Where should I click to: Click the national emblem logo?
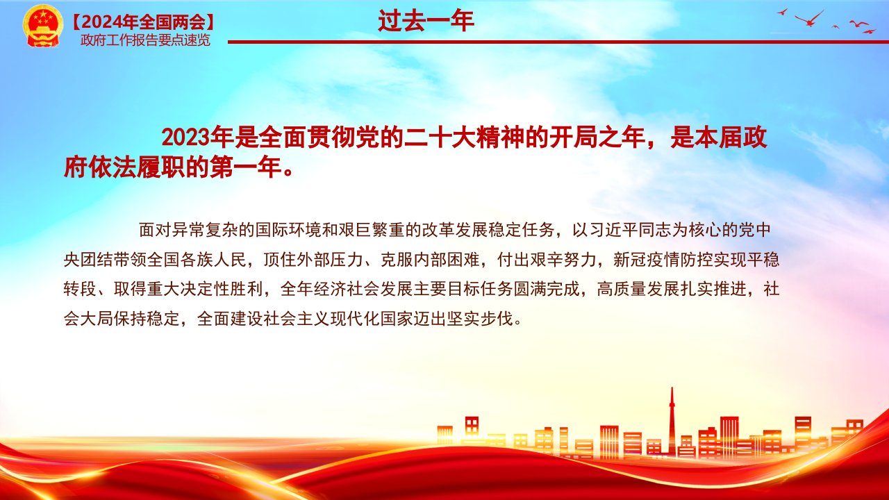pyautogui.click(x=42, y=26)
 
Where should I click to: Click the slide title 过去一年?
pyautogui.click(x=426, y=21)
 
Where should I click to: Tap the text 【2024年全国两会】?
pyautogui.click(x=143, y=22)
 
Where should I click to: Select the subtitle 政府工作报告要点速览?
pyautogui.click(x=145, y=40)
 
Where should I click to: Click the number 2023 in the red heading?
pyautogui.click(x=185, y=137)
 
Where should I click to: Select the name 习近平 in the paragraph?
pyautogui.click(x=613, y=230)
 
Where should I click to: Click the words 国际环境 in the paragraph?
pyautogui.click(x=288, y=230)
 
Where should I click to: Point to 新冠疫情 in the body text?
pyautogui.click(x=647, y=260)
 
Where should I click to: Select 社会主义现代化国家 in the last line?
pyautogui.click(x=338, y=319)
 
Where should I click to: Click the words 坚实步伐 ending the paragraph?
pyautogui.click(x=480, y=319)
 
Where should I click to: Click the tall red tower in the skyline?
pyautogui.click(x=672, y=421)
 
